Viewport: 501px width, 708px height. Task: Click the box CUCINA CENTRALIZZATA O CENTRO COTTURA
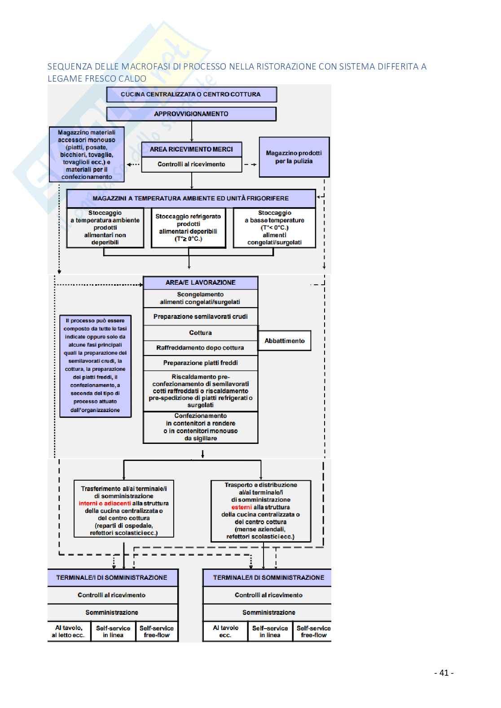[191, 95]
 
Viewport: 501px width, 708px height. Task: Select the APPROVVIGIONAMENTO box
[191, 114]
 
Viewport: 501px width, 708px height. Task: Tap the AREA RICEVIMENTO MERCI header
[191, 149]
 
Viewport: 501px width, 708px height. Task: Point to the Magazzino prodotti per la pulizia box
[294, 157]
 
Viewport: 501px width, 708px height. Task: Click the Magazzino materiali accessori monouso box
[87, 155]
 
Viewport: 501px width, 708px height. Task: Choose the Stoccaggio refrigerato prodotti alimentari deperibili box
[189, 227]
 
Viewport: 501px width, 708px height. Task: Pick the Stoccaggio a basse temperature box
[274, 227]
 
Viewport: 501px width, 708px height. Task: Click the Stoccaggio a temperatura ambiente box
[105, 227]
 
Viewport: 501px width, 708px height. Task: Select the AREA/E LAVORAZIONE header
[200, 282]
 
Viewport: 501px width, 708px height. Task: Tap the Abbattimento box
[285, 341]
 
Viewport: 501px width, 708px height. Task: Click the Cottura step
[200, 333]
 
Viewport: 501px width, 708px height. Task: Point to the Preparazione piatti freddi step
[200, 363]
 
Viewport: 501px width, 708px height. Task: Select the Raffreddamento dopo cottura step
[200, 347]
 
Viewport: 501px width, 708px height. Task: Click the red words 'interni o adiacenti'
[105, 504]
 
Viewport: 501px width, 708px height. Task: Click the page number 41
[444, 673]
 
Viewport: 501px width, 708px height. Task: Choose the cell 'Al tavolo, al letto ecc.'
[68, 631]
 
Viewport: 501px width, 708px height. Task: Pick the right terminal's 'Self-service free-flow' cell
[313, 631]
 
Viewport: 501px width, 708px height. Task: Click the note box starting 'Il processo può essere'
[95, 365]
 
